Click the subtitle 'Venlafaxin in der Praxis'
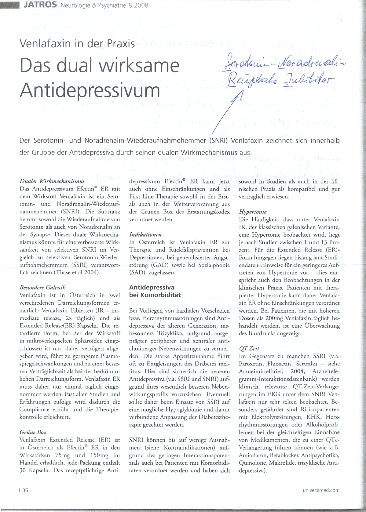77,44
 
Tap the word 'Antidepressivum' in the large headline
90,90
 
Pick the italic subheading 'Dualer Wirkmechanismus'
52,181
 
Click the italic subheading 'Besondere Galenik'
42,287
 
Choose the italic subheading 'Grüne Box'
33,432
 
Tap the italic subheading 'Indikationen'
145,234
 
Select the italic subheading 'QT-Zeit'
249,348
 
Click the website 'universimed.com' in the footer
321,490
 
